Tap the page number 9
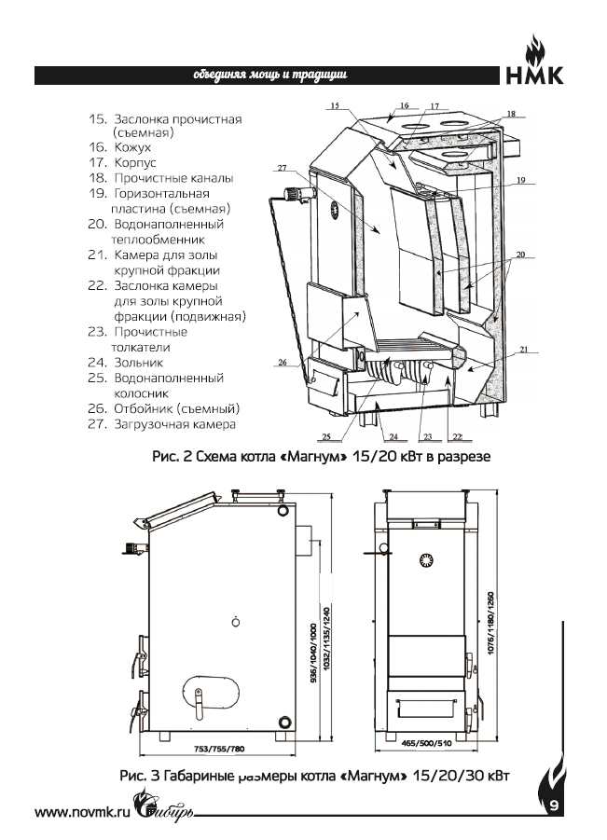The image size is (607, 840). (x=553, y=805)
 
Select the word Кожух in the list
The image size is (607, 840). (x=132, y=147)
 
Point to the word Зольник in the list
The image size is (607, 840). (x=138, y=363)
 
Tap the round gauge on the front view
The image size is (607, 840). (x=428, y=560)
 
